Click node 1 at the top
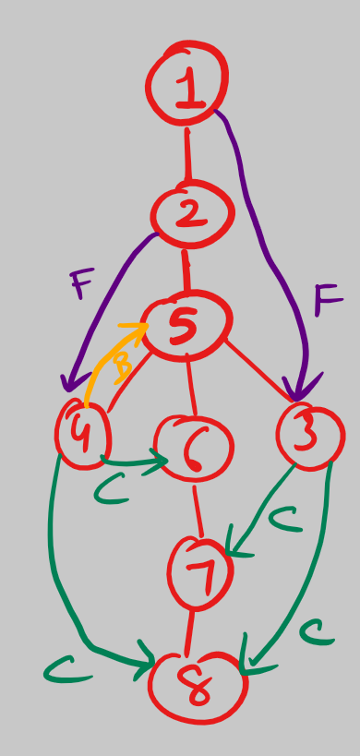click(x=187, y=85)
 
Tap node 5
click(x=186, y=325)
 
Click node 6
click(x=193, y=447)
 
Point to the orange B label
click(x=121, y=370)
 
